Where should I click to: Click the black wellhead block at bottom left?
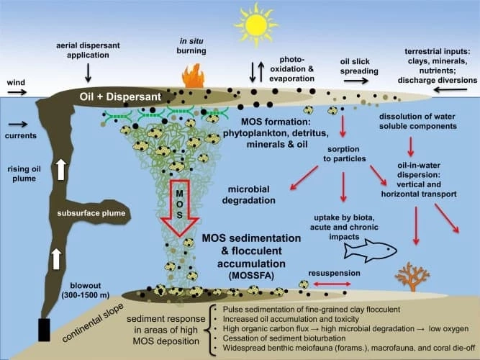click(x=44, y=329)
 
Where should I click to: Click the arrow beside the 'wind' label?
click(x=17, y=93)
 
